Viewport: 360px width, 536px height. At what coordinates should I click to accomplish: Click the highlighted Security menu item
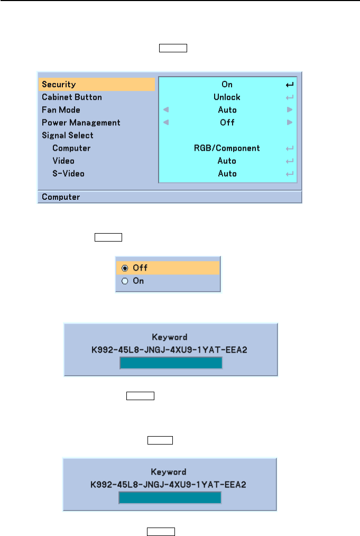59,85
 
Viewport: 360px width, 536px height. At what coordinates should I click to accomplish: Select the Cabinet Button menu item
72,97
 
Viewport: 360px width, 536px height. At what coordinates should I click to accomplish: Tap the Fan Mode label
61,110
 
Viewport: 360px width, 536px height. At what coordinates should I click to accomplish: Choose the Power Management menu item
81,123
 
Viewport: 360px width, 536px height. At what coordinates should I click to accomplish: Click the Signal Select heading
68,135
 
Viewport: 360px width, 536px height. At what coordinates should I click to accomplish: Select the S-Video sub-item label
68,173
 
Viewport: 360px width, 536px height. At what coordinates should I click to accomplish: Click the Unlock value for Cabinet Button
227,97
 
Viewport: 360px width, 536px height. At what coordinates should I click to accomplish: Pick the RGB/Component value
227,148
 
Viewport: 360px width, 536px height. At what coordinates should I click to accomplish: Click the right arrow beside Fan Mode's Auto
289,110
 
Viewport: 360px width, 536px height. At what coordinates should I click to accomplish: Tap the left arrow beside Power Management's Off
166,123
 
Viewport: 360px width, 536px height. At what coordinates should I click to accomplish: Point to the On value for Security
227,85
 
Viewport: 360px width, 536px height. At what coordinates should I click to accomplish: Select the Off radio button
125,268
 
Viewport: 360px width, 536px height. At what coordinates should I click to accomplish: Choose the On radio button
125,281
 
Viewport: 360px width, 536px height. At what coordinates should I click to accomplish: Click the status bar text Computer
61,197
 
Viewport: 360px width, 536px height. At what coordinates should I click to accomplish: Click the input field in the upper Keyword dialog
171,363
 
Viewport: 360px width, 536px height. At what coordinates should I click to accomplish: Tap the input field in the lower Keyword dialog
170,498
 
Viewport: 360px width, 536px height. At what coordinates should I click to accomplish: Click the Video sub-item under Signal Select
63,161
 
